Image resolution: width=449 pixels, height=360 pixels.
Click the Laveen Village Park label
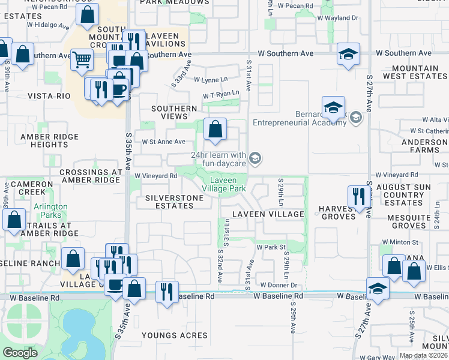[228, 184]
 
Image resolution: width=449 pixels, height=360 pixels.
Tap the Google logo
[20, 352]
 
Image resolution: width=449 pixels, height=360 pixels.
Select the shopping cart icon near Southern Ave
[82, 59]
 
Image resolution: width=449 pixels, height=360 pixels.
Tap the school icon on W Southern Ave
[348, 54]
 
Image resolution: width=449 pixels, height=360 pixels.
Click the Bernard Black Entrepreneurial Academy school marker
[333, 108]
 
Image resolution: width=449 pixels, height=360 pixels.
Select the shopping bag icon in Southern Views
[215, 128]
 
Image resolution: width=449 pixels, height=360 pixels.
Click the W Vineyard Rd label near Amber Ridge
[155, 176]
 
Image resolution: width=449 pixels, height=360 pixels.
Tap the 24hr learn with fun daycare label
[218, 159]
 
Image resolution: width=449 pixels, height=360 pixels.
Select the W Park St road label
[271, 247]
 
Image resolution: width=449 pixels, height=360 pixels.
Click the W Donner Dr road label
[279, 284]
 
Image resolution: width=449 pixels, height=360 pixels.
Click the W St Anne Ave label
[163, 142]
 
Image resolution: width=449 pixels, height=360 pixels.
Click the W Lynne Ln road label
[210, 79]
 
